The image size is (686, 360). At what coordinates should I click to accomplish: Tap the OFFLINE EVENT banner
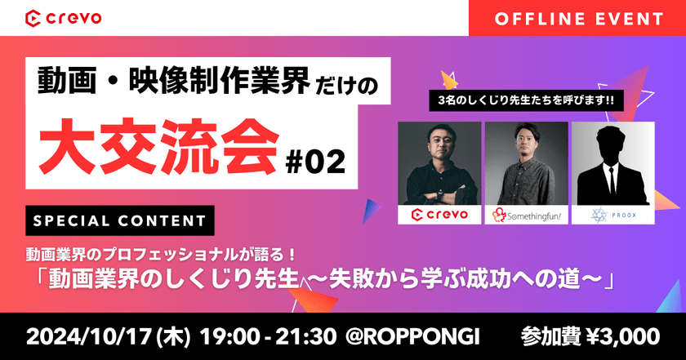(x=576, y=17)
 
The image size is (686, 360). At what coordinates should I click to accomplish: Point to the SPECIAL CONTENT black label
(x=119, y=221)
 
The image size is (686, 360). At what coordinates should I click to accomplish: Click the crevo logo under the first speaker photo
(x=439, y=216)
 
